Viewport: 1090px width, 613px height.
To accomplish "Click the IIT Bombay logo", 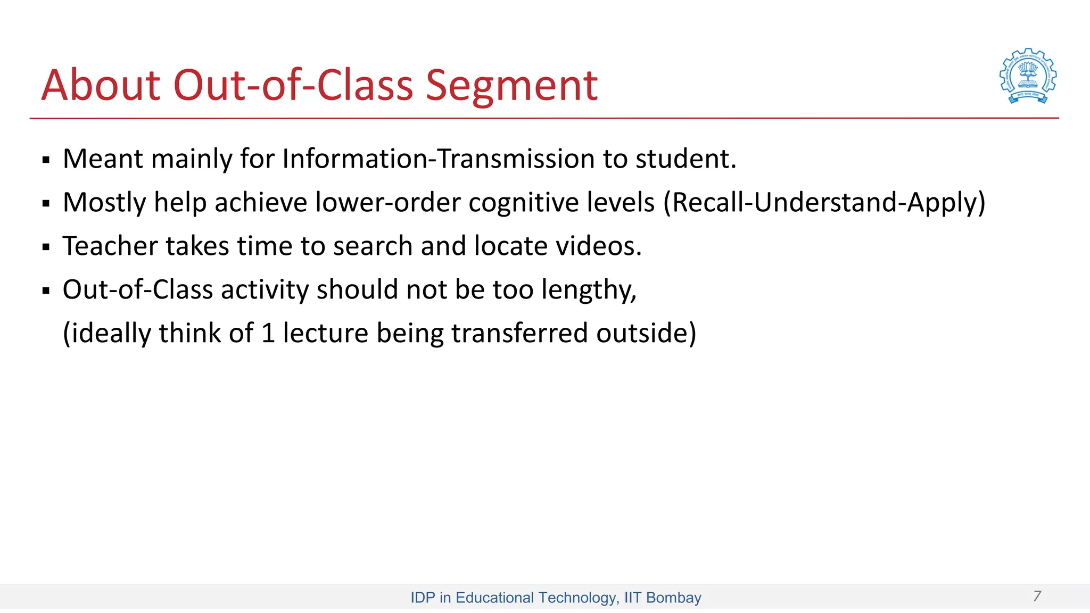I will click(1028, 76).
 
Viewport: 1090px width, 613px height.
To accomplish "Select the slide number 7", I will click(1037, 596).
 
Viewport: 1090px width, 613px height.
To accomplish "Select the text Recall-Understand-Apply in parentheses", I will click(824, 203).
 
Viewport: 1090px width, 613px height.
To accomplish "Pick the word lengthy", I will click(588, 290).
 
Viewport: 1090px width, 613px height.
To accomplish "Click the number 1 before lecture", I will click(268, 334).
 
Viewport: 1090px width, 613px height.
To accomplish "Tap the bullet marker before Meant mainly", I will click(46, 160).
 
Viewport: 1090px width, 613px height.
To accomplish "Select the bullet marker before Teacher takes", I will click(46, 247).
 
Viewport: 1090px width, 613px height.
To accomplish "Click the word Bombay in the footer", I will click(673, 598).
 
